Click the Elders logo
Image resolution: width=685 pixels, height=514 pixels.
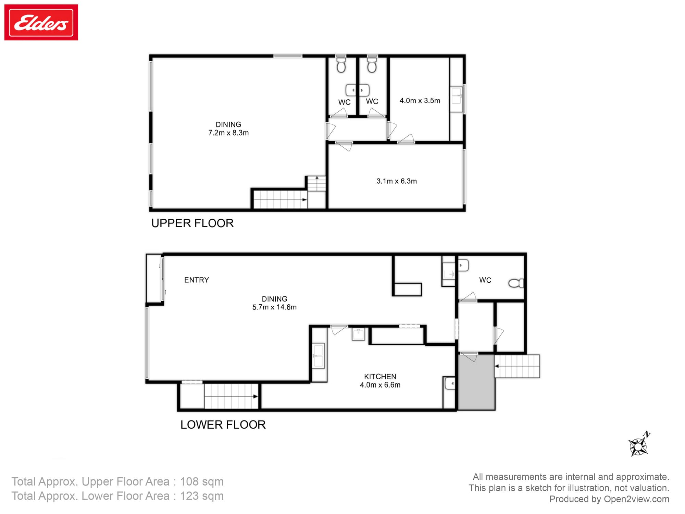click(x=41, y=23)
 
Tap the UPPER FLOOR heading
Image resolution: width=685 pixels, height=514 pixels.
click(x=192, y=223)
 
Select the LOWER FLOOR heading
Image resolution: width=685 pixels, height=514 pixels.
click(x=223, y=425)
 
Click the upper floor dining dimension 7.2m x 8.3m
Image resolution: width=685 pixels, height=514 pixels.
click(x=228, y=133)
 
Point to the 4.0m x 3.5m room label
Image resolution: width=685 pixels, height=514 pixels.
click(x=420, y=101)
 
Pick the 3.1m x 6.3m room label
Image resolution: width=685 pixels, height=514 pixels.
click(x=397, y=181)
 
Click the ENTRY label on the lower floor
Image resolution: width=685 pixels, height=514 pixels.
click(x=196, y=280)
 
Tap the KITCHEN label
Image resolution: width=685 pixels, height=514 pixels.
click(x=380, y=376)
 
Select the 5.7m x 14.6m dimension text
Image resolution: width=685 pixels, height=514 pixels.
click(x=274, y=307)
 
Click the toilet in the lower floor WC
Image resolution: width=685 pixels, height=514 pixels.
click(x=516, y=283)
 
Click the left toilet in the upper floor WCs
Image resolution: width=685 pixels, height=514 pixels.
click(x=341, y=65)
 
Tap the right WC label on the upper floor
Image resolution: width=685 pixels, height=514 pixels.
click(x=372, y=101)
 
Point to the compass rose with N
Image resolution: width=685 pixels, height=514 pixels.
click(x=638, y=446)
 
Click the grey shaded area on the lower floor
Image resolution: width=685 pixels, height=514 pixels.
click(x=476, y=382)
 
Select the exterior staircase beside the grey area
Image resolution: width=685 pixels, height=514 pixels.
click(x=517, y=366)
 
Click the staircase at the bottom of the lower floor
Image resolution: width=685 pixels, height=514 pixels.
click(x=231, y=396)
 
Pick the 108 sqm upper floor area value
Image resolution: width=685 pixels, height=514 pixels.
click(x=202, y=481)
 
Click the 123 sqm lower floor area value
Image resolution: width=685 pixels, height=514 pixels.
click(x=202, y=496)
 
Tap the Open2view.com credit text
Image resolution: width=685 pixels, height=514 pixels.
click(x=636, y=499)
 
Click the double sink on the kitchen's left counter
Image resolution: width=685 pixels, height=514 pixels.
click(x=319, y=356)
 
